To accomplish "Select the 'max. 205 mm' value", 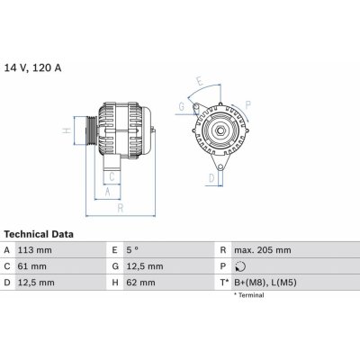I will coord(262,249).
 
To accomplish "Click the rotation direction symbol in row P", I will coord(238,266).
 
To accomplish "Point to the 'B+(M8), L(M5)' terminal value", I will coord(265,283).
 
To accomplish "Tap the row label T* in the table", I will coord(223,283).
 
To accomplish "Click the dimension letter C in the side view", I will coord(112,176).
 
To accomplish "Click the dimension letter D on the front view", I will coord(211,178).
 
